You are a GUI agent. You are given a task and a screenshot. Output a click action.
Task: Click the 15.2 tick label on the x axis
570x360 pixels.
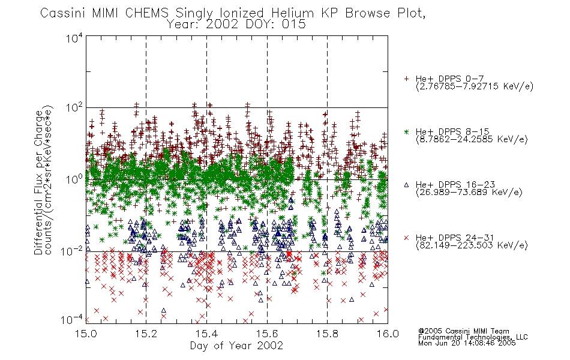(146, 334)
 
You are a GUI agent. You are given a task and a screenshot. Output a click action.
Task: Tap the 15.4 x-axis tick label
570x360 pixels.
(206, 334)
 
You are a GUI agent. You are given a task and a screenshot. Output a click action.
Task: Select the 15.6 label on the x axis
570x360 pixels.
(267, 334)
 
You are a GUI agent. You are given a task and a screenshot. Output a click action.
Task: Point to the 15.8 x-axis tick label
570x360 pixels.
(327, 334)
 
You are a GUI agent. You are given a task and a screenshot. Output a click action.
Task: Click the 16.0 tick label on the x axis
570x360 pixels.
(388, 334)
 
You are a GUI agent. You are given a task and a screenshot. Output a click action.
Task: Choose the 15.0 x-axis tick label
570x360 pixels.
(86, 334)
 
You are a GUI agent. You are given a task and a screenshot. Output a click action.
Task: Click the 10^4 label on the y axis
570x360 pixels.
(74, 38)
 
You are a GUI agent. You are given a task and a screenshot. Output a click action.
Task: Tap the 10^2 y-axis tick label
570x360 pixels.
(74, 108)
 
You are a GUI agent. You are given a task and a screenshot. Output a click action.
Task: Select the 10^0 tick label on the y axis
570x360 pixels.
(74, 179)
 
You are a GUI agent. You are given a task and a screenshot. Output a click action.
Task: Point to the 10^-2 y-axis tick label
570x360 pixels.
(73, 251)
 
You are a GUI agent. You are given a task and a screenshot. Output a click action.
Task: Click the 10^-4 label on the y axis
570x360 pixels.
(73, 320)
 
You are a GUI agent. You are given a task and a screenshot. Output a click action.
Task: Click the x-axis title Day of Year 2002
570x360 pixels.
(236, 346)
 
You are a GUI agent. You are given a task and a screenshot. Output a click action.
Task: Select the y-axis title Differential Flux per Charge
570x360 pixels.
(39, 182)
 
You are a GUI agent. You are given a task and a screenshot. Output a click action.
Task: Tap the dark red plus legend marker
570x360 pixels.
(406, 79)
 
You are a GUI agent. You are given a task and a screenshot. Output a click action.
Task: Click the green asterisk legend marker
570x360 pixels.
(406, 131)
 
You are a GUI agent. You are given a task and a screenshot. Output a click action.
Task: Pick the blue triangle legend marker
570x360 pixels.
(406, 185)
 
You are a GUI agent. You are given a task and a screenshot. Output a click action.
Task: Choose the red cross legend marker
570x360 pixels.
(406, 238)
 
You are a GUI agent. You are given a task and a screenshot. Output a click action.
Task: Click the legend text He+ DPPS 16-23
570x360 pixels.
(455, 185)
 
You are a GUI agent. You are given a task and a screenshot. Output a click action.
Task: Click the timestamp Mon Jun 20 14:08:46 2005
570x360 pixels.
(467, 343)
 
